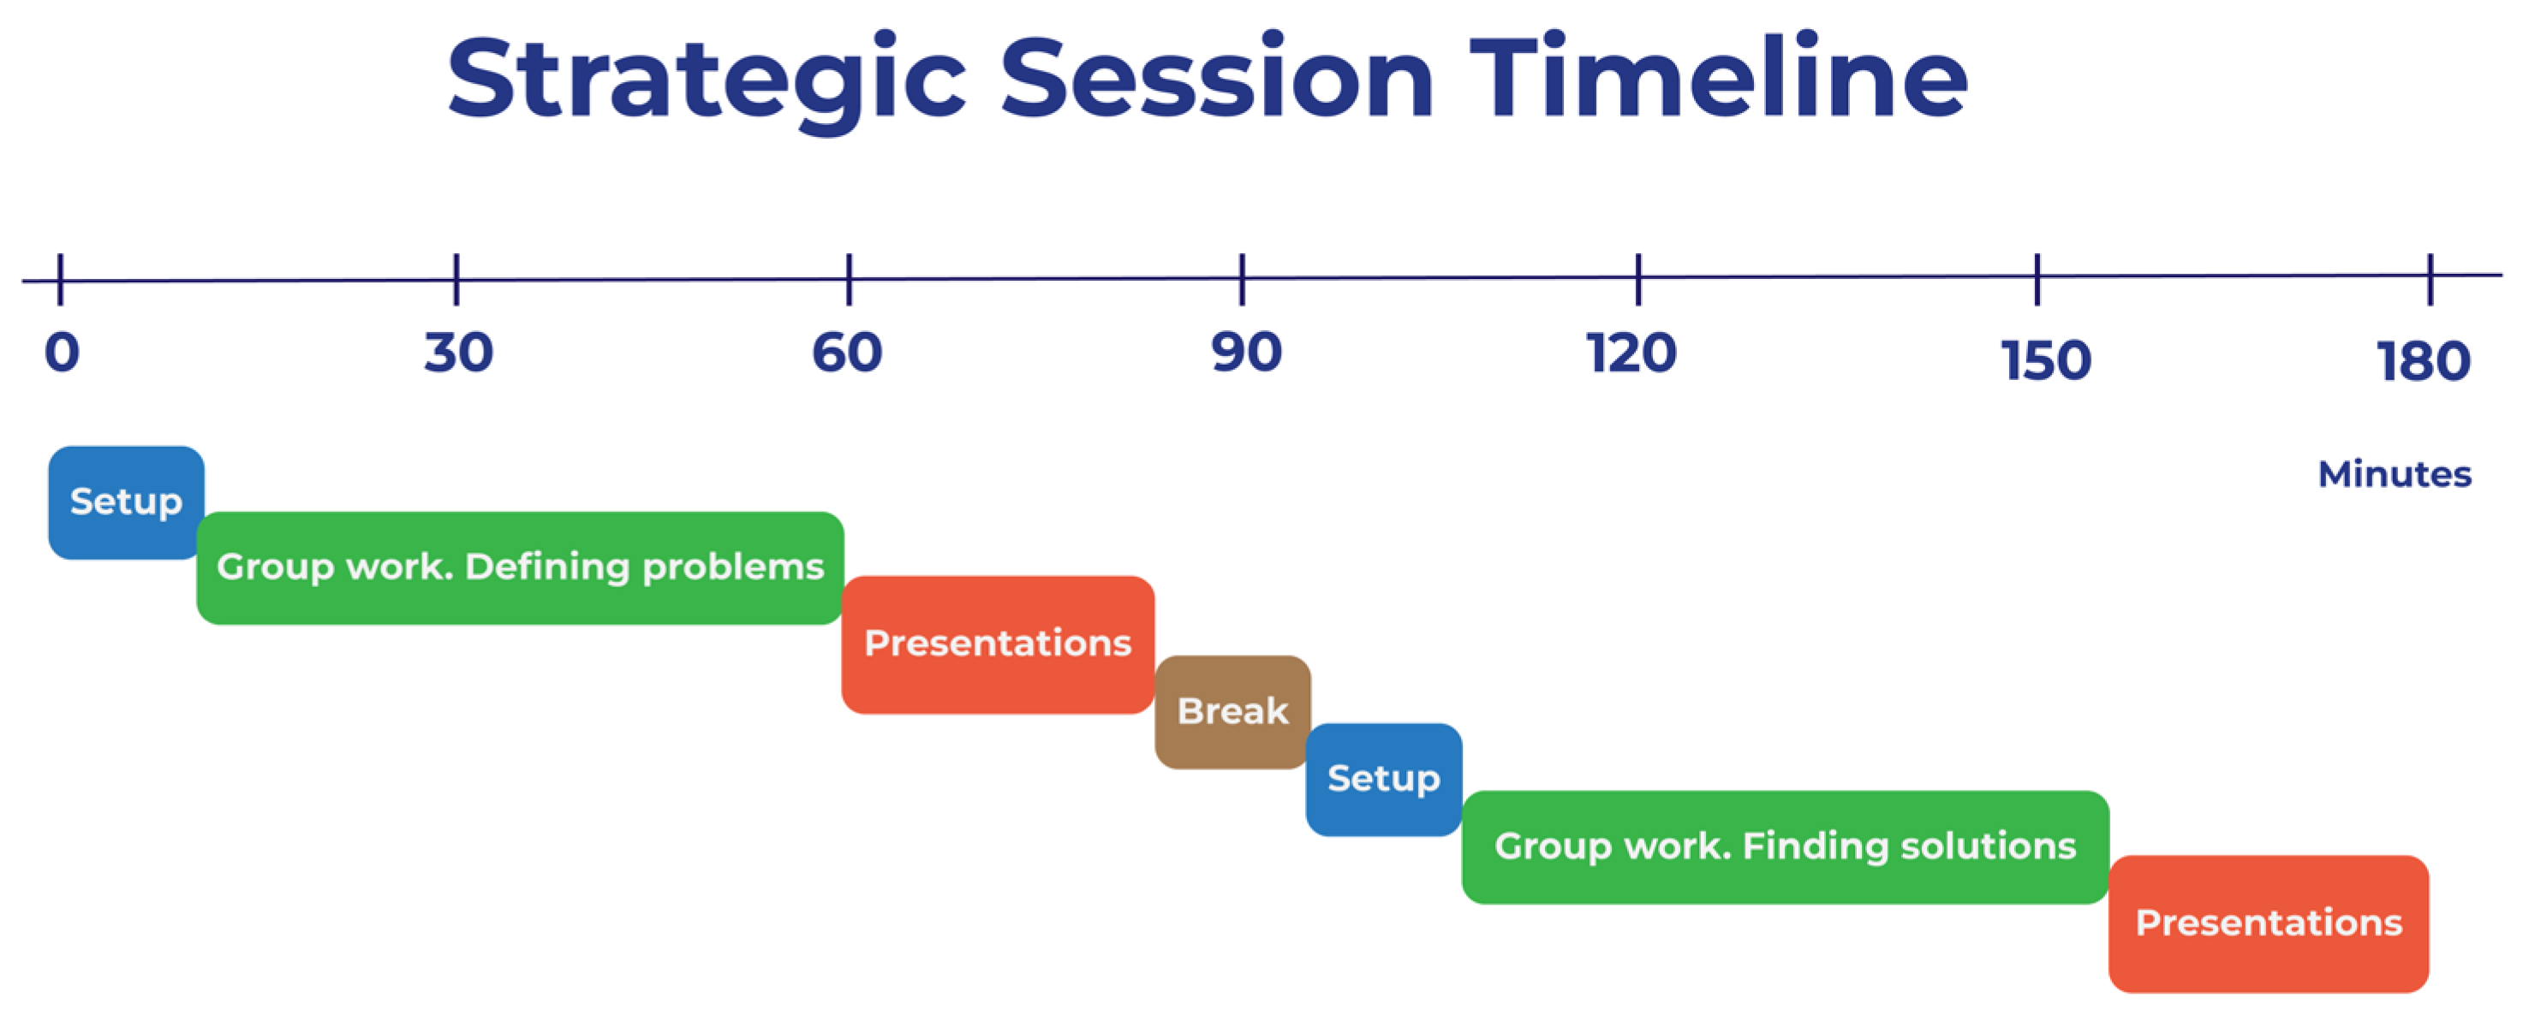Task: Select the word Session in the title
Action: (1216, 77)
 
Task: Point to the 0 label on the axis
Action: (61, 352)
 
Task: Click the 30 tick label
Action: (458, 352)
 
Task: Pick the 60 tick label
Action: (847, 352)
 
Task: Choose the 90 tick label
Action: (1246, 352)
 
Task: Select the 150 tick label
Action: (2046, 361)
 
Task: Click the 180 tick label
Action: (2424, 362)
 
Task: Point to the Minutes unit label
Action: (2395, 474)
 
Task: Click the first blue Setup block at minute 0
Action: (126, 502)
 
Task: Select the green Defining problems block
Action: (521, 567)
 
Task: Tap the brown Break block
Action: (1233, 712)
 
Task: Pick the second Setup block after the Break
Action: (1384, 780)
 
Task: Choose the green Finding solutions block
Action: (1785, 846)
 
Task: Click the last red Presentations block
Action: (2270, 923)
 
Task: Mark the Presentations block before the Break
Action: (998, 644)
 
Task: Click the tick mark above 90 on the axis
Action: (1243, 279)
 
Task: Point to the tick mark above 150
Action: (2037, 279)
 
